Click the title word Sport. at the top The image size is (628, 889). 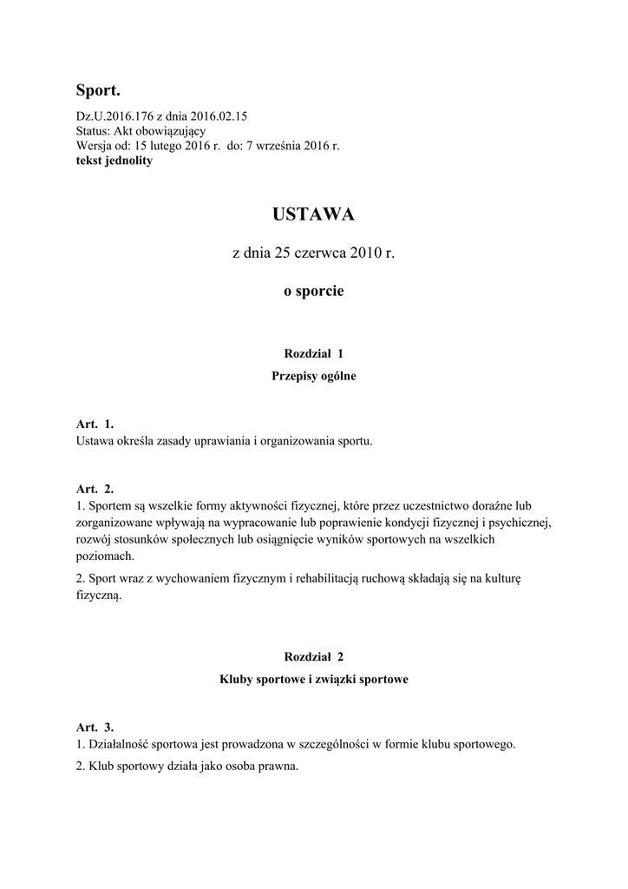coord(98,90)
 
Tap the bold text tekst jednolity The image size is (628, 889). coord(114,161)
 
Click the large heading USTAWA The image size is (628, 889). coord(313,214)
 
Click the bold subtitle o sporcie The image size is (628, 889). coord(313,292)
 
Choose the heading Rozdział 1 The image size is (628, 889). coord(313,353)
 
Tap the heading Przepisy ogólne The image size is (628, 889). coord(313,377)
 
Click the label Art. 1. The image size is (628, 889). coord(95,425)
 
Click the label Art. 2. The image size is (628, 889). coord(95,489)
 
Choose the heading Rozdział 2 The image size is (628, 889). coord(313,658)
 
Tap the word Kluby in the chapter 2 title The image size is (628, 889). coord(236,681)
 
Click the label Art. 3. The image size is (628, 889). coord(95,727)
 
